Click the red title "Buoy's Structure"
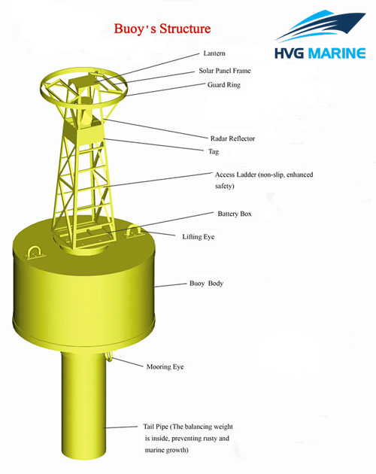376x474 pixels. click(x=162, y=29)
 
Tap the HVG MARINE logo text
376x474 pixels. click(x=320, y=53)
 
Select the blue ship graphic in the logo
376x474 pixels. click(x=320, y=26)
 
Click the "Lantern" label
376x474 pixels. click(x=214, y=53)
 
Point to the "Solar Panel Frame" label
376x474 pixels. click(x=225, y=71)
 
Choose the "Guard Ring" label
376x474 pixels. click(x=223, y=84)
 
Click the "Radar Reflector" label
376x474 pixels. click(x=232, y=138)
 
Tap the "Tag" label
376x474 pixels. click(x=214, y=151)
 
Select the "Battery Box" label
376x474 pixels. click(x=235, y=214)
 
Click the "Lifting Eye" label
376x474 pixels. click(x=199, y=237)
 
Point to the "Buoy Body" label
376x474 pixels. click(x=206, y=284)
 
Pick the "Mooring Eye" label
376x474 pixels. click(x=165, y=367)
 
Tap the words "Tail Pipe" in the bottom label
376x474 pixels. click(x=156, y=427)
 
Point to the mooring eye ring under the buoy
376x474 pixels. click(x=109, y=357)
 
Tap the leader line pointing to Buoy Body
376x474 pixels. click(x=171, y=285)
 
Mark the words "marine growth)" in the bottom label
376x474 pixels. click(x=166, y=450)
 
